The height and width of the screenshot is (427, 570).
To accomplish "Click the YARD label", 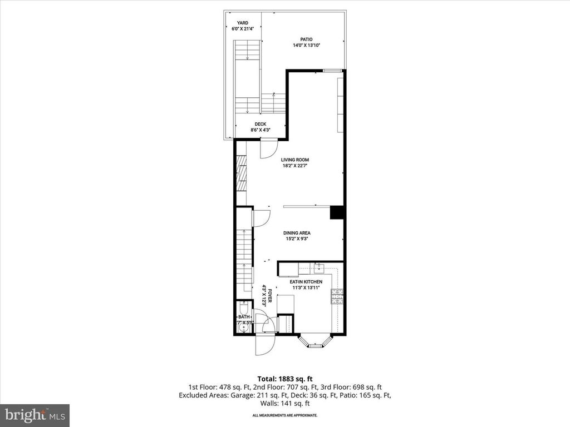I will (242, 23).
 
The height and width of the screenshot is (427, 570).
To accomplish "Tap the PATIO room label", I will (306, 39).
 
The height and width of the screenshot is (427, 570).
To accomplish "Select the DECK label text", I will (261, 125).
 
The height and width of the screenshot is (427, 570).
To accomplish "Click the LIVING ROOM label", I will (295, 160).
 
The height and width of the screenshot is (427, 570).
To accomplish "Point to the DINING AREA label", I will (296, 233).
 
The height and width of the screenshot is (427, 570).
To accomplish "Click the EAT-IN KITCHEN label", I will (306, 282).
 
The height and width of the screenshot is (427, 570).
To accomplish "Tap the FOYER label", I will (269, 295).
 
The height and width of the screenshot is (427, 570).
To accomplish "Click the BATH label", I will (244, 317).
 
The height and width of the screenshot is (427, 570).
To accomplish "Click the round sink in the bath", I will (242, 329).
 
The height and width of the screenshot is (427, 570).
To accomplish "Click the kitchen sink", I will (318, 270).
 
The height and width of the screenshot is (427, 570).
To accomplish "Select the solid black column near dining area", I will (337, 213).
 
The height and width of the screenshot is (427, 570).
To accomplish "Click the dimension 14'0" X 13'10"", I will (306, 46).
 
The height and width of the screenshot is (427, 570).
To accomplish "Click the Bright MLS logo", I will (35, 414).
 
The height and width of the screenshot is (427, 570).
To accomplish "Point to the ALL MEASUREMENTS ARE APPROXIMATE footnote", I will (285, 415).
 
